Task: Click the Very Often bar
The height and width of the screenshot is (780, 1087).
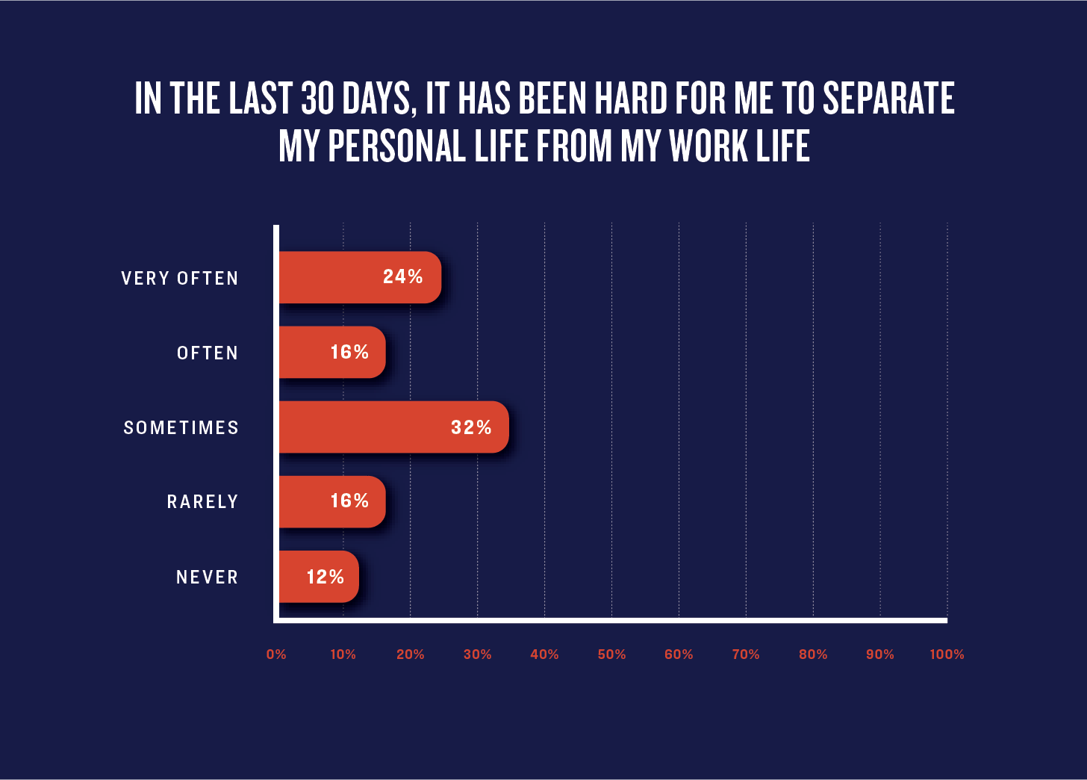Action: click(360, 277)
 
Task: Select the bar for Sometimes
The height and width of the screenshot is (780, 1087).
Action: click(394, 427)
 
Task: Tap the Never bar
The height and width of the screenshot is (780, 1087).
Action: click(319, 577)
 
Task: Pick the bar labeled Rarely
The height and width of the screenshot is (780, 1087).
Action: click(332, 502)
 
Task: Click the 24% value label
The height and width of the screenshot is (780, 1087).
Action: click(403, 277)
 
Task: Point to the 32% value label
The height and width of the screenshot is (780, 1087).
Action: click(471, 427)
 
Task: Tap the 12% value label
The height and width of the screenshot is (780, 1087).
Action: click(326, 577)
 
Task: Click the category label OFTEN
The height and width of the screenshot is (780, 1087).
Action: click(208, 353)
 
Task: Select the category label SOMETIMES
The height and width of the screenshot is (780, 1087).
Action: click(181, 428)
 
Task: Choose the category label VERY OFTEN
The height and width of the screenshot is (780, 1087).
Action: click(179, 278)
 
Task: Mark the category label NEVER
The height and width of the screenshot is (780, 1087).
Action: click(208, 577)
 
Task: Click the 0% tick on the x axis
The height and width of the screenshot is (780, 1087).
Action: click(276, 654)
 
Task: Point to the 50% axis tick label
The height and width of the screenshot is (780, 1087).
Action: click(611, 654)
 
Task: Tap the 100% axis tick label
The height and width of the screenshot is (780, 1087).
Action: click(947, 654)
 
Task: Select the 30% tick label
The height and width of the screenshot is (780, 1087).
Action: click(478, 654)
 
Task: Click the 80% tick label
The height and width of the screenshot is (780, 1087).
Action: click(813, 654)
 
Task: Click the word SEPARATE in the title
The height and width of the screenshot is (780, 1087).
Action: click(889, 98)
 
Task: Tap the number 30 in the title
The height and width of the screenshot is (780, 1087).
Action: click(317, 98)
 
